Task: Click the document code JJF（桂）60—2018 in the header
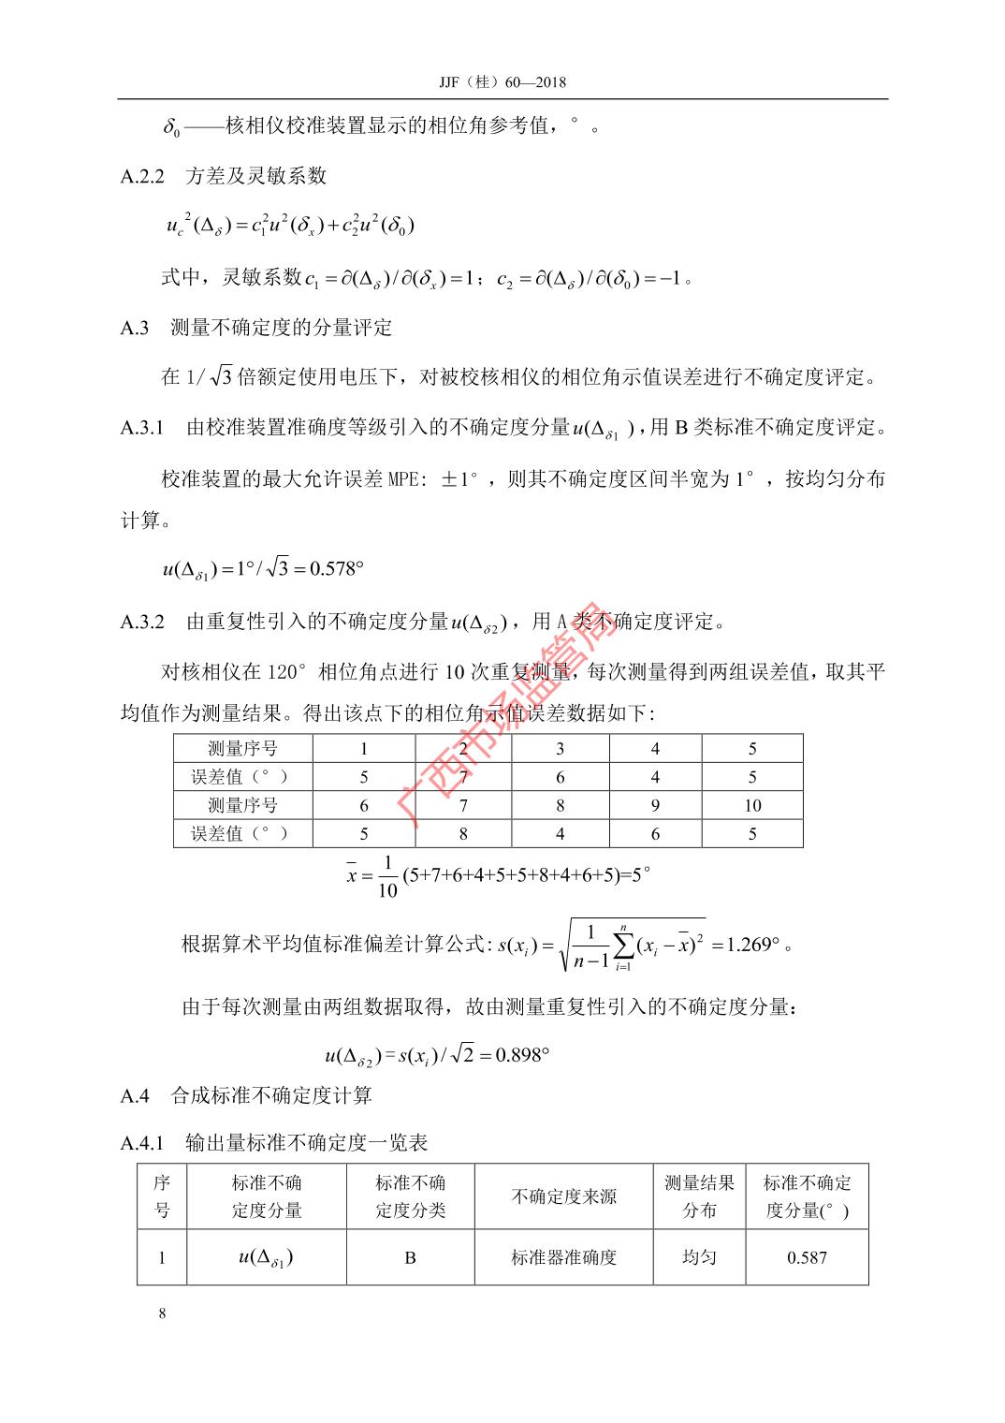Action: [502, 82]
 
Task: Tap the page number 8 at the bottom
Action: [163, 1313]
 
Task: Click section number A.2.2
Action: [142, 175]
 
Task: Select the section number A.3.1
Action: [142, 428]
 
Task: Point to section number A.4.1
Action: [142, 1142]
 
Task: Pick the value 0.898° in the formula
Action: [521, 1055]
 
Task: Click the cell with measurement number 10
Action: [752, 805]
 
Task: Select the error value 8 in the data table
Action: [462, 833]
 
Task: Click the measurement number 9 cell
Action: [655, 805]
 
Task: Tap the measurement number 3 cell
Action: [560, 749]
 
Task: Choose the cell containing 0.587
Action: [807, 1257]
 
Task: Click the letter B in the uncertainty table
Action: [410, 1257]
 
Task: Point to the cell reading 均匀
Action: [699, 1256]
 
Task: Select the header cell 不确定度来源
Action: [563, 1196]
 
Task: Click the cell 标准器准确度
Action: [563, 1257]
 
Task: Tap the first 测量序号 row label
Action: [242, 749]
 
